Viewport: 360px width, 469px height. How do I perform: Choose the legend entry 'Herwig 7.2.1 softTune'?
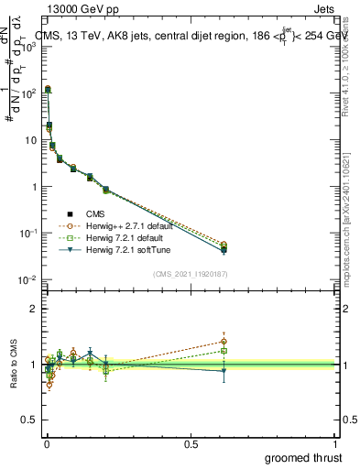(x=120, y=247)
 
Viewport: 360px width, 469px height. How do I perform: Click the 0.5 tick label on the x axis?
(x=191, y=443)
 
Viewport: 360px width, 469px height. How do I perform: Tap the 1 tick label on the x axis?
(x=335, y=443)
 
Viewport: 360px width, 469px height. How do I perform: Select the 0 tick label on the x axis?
(x=46, y=443)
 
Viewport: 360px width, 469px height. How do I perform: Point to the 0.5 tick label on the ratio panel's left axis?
(x=28, y=420)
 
